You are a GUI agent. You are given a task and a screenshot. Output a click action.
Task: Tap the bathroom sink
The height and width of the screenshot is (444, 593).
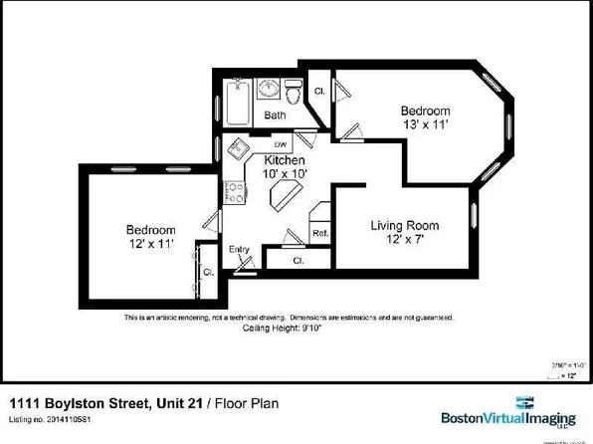click(268, 91)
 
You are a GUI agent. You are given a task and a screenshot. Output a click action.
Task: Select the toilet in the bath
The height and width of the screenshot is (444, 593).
click(292, 96)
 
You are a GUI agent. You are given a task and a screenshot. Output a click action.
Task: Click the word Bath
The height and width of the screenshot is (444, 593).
click(275, 115)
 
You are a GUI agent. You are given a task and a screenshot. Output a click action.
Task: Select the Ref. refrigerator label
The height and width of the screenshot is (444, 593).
click(320, 234)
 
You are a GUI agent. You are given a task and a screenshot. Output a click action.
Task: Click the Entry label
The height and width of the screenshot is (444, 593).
click(239, 249)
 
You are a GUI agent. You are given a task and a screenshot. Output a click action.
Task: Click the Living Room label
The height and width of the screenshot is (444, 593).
click(405, 226)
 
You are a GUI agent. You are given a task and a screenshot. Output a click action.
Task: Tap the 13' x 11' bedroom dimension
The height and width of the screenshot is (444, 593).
click(425, 125)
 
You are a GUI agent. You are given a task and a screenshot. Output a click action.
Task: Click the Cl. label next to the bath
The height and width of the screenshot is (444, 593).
click(319, 92)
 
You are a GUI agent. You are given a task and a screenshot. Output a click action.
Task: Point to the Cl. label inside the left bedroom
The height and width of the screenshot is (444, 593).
click(209, 272)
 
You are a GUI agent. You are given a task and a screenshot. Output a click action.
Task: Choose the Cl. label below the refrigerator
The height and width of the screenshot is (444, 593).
click(298, 260)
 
